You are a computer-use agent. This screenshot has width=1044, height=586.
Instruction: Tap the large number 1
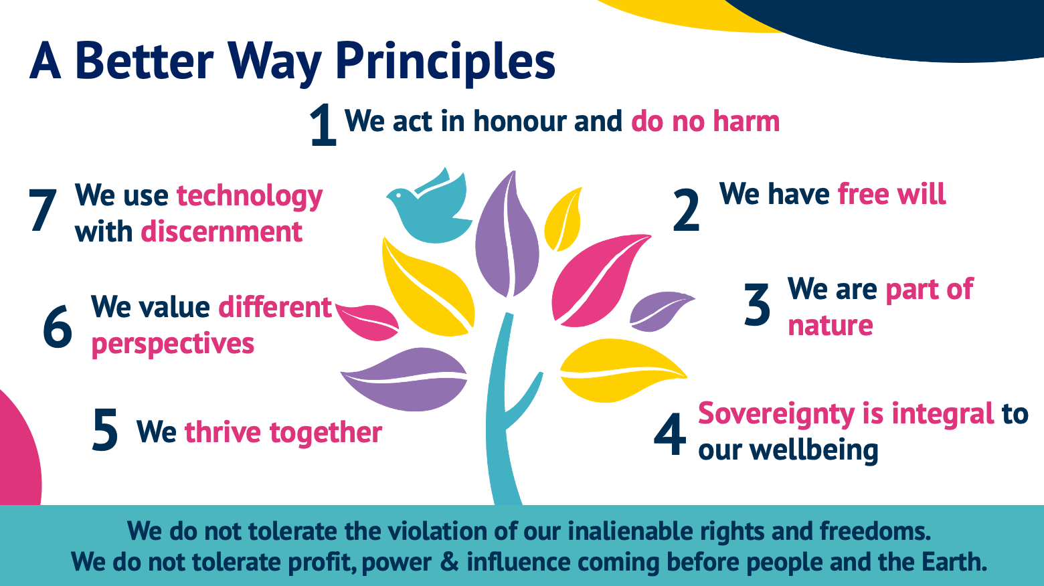click(323, 124)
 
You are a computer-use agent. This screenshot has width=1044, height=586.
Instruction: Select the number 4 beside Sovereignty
click(670, 434)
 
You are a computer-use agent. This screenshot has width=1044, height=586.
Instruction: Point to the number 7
click(43, 209)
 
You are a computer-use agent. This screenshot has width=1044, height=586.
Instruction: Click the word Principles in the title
click(445, 62)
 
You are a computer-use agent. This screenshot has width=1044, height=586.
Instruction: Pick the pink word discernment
click(222, 231)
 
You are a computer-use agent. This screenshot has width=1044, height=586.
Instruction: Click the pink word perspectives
click(173, 344)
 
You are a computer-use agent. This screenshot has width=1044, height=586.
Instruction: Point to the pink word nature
click(830, 325)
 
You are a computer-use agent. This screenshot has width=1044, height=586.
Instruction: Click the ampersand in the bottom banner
click(449, 561)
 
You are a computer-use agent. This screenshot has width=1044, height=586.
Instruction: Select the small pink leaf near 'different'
click(367, 322)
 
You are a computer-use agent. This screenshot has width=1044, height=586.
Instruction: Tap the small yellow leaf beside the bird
click(563, 219)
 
